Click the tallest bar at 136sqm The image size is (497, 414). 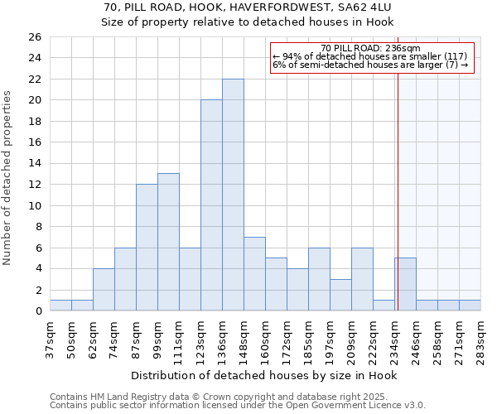point(233,195)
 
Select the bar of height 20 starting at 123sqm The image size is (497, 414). point(211,205)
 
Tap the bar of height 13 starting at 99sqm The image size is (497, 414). point(168,242)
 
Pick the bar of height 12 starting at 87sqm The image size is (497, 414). point(147,248)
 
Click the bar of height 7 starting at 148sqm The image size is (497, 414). point(254,274)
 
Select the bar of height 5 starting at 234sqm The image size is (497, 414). point(405,285)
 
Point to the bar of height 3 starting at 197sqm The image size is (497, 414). point(340,295)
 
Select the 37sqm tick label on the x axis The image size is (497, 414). point(50,338)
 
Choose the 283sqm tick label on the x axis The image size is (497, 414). point(480,338)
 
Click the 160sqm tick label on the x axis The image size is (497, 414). point(265,338)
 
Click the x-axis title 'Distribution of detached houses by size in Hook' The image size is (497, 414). point(264,375)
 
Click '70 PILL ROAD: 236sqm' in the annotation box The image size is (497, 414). point(370,48)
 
